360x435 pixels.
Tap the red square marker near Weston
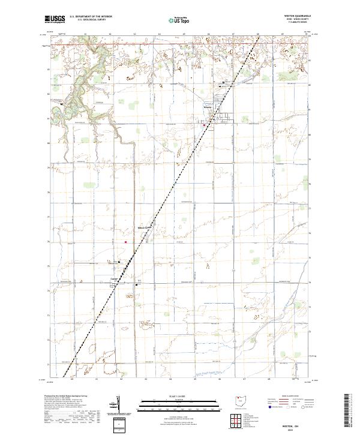tap(203, 125)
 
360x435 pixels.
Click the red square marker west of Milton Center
tap(126, 242)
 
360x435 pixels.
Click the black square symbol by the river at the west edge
tap(62, 104)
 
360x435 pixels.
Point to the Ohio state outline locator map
tap(239, 399)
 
